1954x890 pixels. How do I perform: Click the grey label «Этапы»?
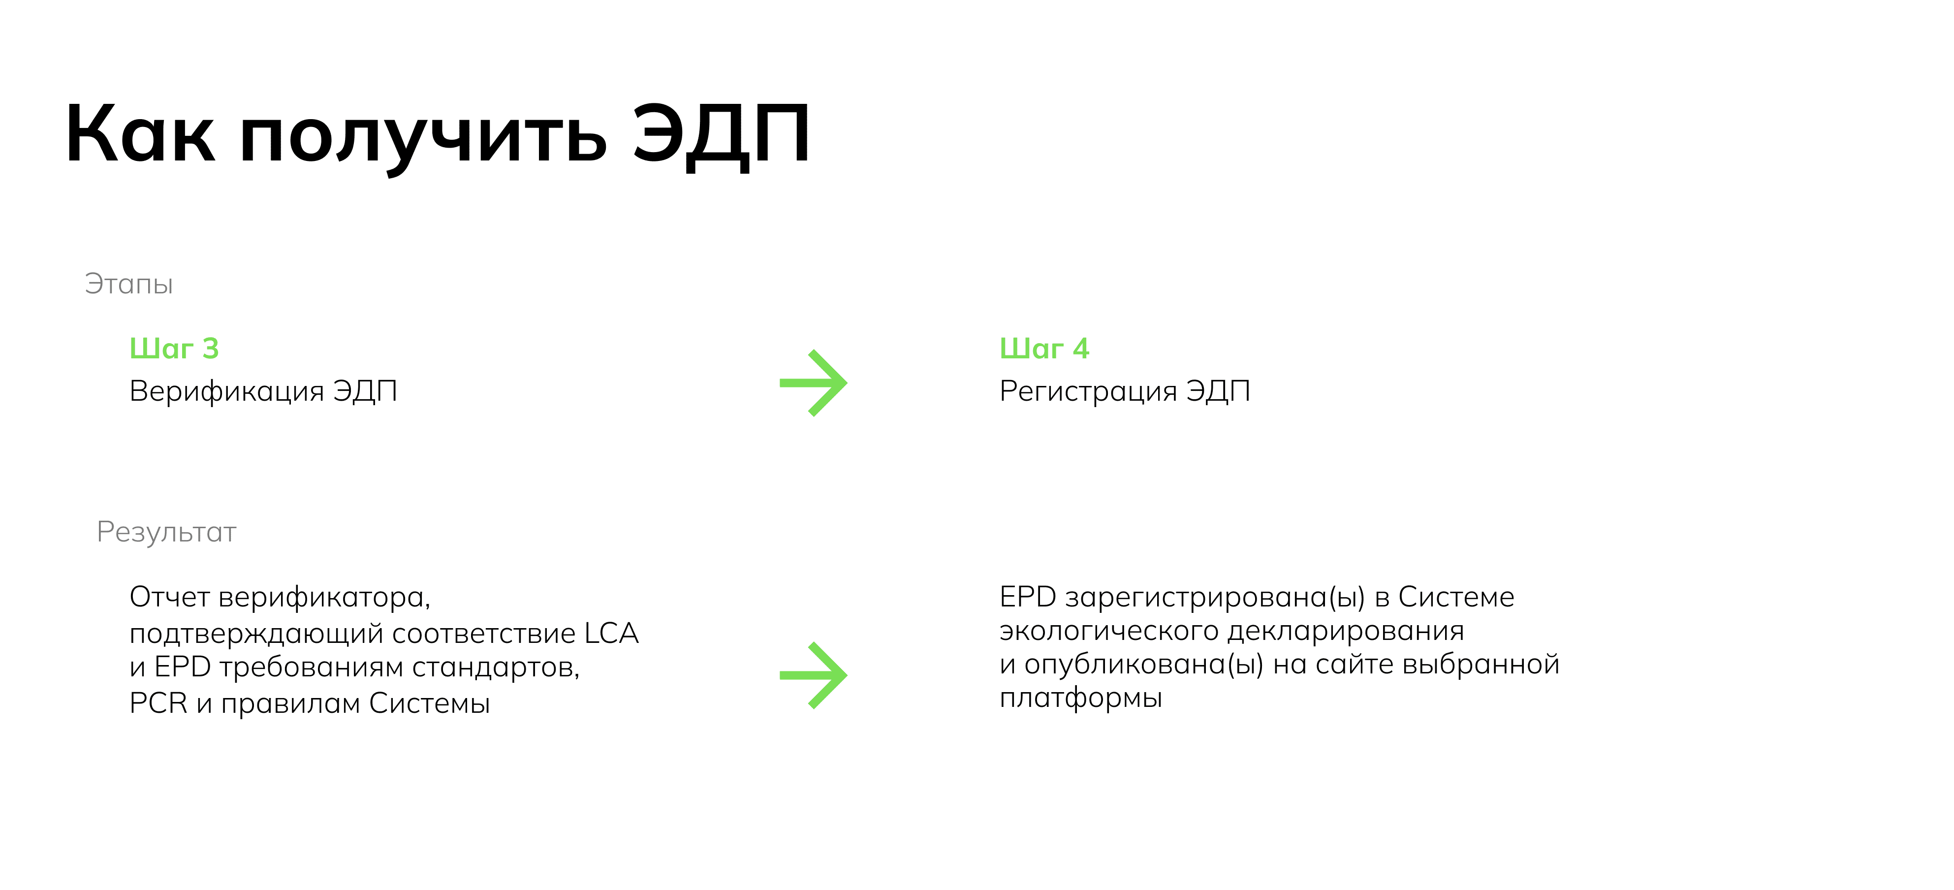pyautogui.click(x=129, y=284)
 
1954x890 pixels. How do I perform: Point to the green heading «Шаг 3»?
pyautogui.click(x=174, y=348)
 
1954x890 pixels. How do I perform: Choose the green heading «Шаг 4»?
pyautogui.click(x=1044, y=348)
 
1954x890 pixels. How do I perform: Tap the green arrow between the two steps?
pyautogui.click(x=813, y=383)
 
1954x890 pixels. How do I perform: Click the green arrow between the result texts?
pyautogui.click(x=813, y=675)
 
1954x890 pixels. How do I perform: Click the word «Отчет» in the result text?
pyautogui.click(x=169, y=597)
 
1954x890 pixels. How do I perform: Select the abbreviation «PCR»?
pyautogui.click(x=158, y=703)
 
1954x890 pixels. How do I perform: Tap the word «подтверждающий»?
pyautogui.click(x=256, y=635)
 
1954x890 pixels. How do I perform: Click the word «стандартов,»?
pyautogui.click(x=496, y=668)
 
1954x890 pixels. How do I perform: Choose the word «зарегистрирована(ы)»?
pyautogui.click(x=1215, y=598)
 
